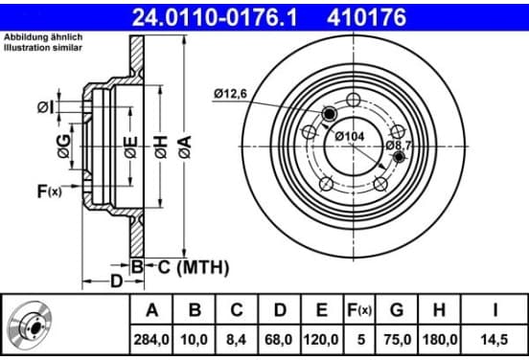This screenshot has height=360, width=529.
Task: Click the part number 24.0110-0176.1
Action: tap(215, 17)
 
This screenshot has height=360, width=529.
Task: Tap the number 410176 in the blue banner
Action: tap(366, 17)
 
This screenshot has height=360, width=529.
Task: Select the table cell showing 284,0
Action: tap(151, 340)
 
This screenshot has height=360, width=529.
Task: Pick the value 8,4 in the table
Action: tap(237, 340)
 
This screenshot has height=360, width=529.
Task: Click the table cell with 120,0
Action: tap(321, 340)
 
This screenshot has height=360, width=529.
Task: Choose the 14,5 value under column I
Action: tap(494, 340)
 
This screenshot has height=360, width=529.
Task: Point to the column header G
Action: tap(397, 310)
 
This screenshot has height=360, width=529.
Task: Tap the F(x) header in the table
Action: tap(359, 310)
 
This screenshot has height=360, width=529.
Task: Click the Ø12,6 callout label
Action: tap(230, 94)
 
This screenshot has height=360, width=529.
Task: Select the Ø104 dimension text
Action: tap(350, 137)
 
